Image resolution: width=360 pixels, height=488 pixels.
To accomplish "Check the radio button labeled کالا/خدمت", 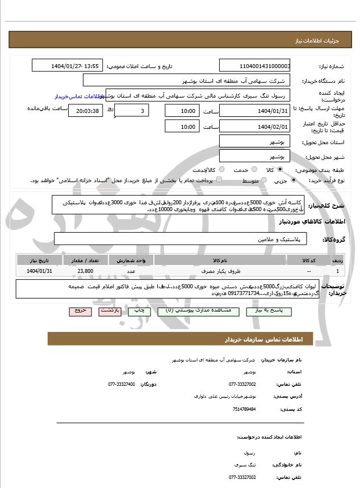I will click(x=221, y=170).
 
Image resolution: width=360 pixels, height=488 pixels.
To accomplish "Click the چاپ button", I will click(x=136, y=311).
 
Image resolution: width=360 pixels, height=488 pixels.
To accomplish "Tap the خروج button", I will click(x=79, y=311).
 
